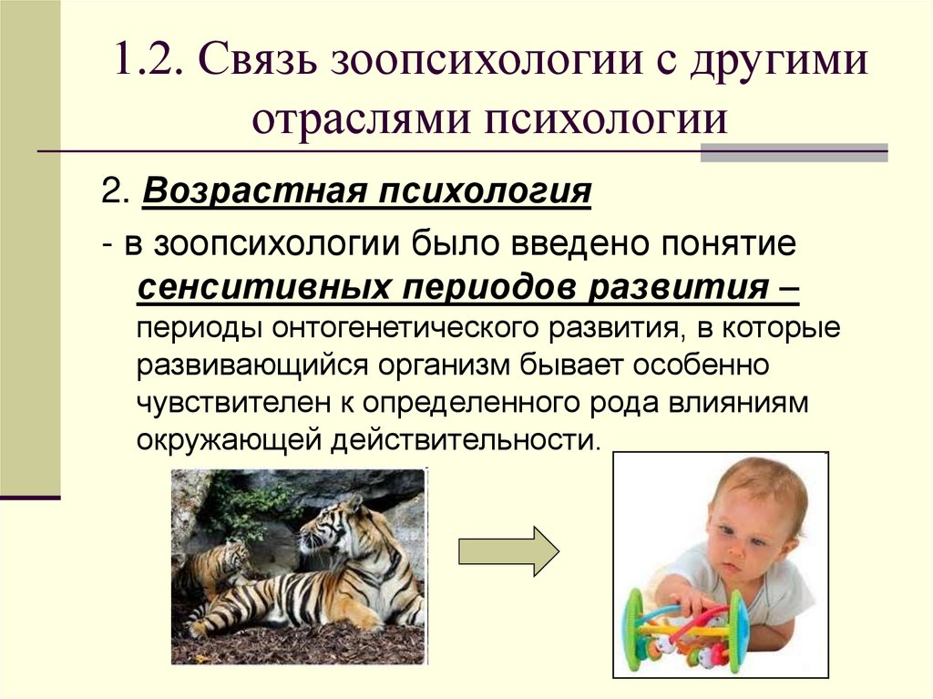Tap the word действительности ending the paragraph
466,439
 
